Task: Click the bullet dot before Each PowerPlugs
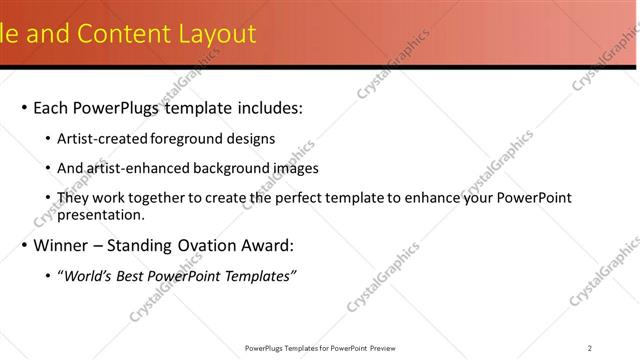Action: pos(24,108)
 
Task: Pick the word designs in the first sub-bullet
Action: pos(251,139)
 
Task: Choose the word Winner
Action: pos(62,245)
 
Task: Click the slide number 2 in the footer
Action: pos(590,348)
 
